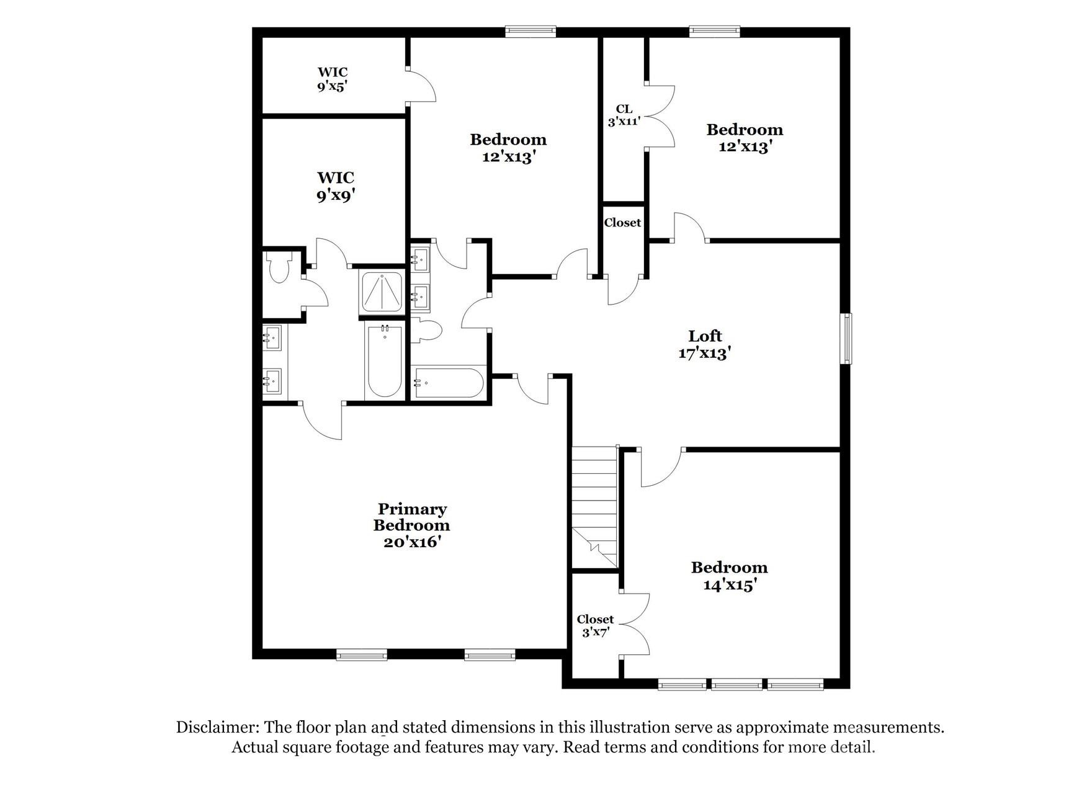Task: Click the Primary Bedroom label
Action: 411,525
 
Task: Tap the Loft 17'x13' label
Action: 705,344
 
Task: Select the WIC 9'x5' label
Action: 333,79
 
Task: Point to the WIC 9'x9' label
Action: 336,187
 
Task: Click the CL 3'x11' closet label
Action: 624,115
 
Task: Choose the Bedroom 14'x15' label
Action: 729,576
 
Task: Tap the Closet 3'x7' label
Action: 595,626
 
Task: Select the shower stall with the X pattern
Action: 382,292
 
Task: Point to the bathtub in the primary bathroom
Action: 384,360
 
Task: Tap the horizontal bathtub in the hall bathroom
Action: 449,383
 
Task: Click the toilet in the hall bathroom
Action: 427,329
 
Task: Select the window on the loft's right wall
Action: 846,338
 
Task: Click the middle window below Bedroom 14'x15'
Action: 736,685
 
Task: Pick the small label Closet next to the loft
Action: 622,223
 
